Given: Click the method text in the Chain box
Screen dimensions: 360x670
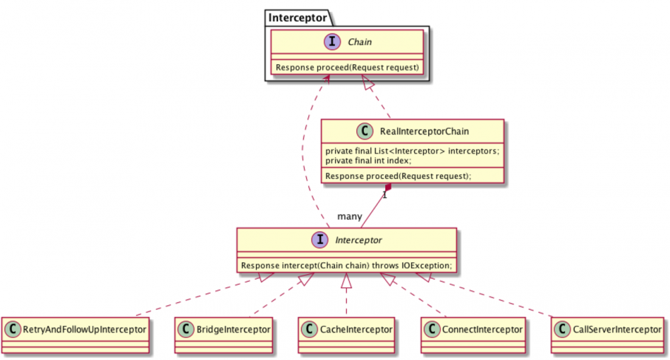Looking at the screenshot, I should (x=347, y=67).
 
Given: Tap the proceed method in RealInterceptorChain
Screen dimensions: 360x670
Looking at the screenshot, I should (x=399, y=176).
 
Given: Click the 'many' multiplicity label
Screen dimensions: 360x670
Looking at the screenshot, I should (x=350, y=217).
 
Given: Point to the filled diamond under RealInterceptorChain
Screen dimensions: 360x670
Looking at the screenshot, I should (x=388, y=189).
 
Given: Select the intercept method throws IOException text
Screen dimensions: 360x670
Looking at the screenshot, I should (x=346, y=265).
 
